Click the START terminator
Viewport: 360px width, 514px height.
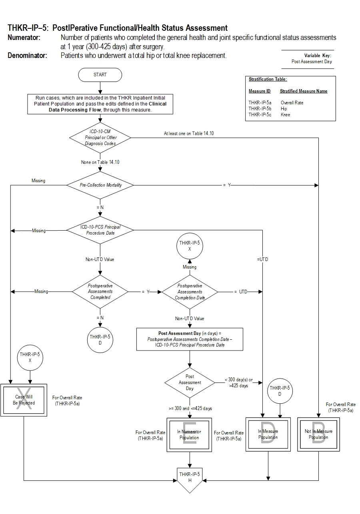(x=100, y=75)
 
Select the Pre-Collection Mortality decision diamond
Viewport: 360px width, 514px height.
(x=100, y=185)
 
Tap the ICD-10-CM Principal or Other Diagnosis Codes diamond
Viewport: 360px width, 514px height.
(x=100, y=138)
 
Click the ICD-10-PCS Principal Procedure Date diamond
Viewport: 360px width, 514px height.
(x=100, y=230)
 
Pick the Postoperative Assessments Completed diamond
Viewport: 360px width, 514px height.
(x=100, y=291)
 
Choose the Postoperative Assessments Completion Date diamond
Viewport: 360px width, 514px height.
(x=190, y=292)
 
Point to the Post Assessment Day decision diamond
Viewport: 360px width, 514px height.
(x=190, y=383)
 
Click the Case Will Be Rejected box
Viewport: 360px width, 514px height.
(x=24, y=400)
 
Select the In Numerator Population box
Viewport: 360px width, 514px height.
(x=189, y=434)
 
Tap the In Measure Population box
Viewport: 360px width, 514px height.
(x=268, y=434)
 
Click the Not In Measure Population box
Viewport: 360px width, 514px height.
(x=318, y=434)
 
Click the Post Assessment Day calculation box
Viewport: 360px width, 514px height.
(x=190, y=339)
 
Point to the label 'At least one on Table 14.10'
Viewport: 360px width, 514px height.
(x=189, y=133)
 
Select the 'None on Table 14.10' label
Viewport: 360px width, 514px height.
(x=100, y=162)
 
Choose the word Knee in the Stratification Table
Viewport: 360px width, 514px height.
(x=285, y=115)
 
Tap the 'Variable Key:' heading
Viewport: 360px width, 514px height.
(x=318, y=56)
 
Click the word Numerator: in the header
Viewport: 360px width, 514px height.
(x=24, y=38)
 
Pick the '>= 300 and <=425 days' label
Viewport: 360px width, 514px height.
(x=190, y=408)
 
